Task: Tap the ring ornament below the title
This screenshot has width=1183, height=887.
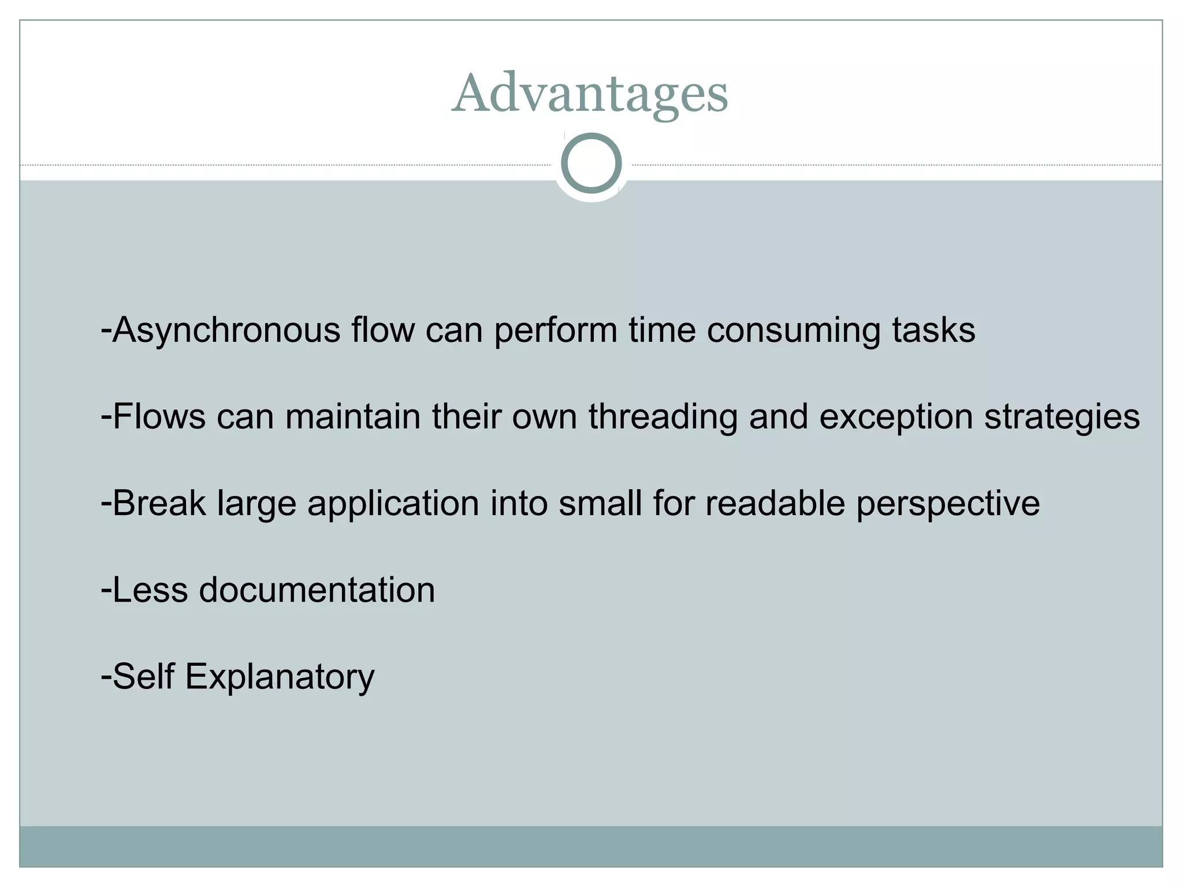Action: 591,163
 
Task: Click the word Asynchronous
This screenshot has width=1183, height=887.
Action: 226,330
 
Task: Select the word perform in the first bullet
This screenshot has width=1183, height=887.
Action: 556,330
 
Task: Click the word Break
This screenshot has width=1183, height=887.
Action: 159,503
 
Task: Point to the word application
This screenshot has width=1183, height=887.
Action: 393,503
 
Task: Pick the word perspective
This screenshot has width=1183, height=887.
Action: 948,503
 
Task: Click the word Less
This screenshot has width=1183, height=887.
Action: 150,590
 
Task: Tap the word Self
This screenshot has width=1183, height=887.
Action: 143,676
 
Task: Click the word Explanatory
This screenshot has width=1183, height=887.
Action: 280,676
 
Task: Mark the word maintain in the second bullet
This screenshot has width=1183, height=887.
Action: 352,416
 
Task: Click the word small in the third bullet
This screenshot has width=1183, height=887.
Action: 600,503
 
